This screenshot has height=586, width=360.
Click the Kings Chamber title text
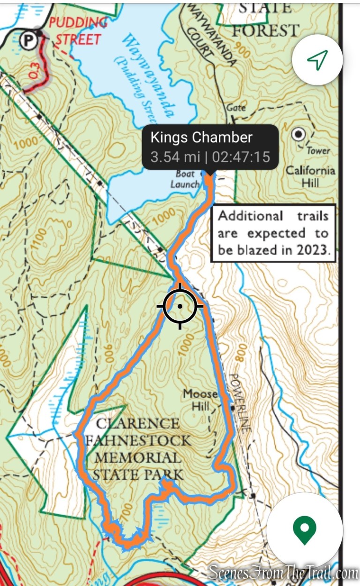click(201, 137)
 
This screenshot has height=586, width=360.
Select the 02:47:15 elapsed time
click(240, 157)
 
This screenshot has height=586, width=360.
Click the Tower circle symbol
click(298, 135)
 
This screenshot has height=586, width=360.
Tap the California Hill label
click(310, 176)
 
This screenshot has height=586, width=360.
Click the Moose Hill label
click(201, 399)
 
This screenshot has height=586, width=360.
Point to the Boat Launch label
click(185, 179)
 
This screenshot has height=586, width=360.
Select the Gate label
click(236, 108)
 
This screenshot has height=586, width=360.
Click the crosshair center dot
click(180, 306)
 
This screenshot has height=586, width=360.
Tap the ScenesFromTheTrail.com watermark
click(283, 572)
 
